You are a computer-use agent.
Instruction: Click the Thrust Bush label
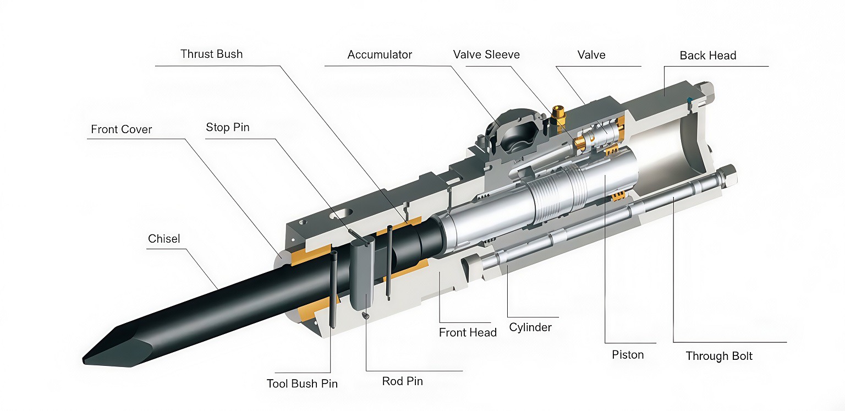tap(211, 54)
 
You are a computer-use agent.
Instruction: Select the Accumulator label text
tap(380, 55)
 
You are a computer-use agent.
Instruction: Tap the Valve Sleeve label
tap(486, 54)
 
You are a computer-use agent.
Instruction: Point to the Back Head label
tap(707, 56)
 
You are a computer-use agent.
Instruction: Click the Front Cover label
tap(121, 129)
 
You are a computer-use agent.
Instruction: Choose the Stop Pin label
tap(227, 128)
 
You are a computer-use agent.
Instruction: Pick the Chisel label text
tap(164, 239)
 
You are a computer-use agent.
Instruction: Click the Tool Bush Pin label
tap(302, 383)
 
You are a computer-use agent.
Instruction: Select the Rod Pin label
tap(403, 381)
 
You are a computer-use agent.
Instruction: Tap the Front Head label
tap(468, 332)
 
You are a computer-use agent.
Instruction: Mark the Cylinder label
tap(530, 327)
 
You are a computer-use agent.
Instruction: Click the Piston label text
tap(628, 355)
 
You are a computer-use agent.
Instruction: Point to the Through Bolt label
tap(719, 356)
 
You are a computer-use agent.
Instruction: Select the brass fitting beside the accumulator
tap(558, 114)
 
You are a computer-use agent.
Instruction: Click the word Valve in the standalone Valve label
tap(591, 54)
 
